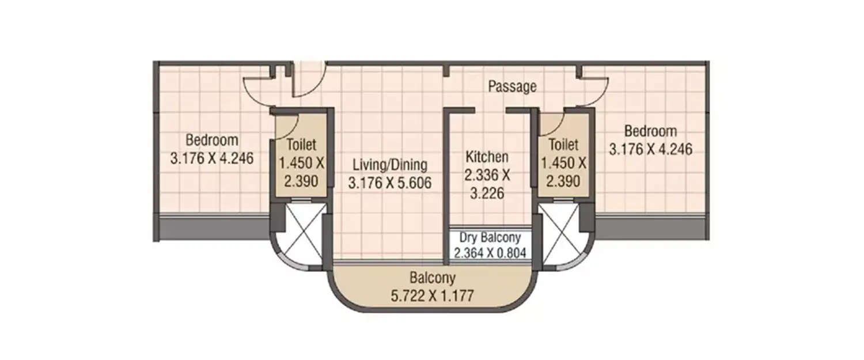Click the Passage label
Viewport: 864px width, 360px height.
pos(512,87)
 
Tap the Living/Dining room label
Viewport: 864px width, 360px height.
pos(390,165)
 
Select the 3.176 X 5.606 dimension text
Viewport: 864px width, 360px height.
pos(390,183)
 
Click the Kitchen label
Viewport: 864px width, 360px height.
pos(487,157)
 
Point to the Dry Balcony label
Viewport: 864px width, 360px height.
pos(490,237)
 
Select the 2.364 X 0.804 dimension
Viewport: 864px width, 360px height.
pos(490,252)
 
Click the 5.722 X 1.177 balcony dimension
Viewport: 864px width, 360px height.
pos(432,297)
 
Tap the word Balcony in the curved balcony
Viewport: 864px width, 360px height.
pos(432,279)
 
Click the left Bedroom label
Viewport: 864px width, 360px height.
pos(212,140)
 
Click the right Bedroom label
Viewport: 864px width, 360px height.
pos(651,131)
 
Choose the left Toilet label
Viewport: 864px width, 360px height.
pos(301,145)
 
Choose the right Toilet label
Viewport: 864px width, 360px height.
pos(563,145)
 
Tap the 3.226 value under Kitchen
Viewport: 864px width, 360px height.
pos(487,194)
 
